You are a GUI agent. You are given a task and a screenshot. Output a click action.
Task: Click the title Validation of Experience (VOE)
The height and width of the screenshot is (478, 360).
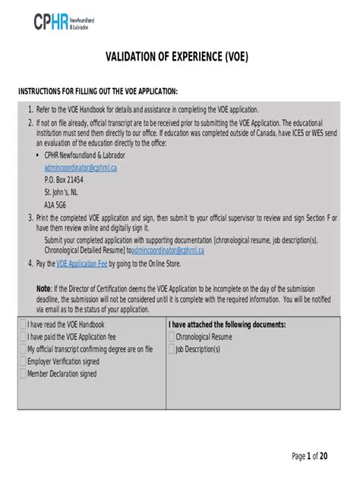click(x=179, y=58)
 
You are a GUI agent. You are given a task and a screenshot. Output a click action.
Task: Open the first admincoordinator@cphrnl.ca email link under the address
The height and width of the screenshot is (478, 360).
click(x=81, y=168)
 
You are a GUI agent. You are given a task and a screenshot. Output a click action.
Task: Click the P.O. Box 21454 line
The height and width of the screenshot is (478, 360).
click(x=64, y=181)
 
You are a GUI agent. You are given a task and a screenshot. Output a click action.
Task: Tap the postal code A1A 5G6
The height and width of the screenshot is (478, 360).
click(x=55, y=206)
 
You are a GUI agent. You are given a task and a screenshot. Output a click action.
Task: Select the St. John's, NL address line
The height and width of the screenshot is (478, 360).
click(x=61, y=193)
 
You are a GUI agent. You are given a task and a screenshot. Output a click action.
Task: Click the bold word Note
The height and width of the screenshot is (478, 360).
click(x=43, y=289)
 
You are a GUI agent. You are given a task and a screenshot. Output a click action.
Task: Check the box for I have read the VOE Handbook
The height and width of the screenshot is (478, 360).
click(x=22, y=325)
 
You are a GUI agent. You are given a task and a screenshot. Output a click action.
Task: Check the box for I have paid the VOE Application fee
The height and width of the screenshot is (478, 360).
click(x=22, y=337)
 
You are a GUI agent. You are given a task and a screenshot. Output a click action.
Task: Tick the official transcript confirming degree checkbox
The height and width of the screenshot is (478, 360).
click(x=22, y=349)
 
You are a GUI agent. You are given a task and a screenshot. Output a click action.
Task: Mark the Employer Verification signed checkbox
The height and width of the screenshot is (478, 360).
click(x=22, y=361)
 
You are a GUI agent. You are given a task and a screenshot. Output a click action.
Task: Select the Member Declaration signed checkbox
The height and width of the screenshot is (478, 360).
click(x=22, y=373)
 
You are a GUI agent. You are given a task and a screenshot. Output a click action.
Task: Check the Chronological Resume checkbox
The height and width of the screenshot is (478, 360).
click(x=171, y=337)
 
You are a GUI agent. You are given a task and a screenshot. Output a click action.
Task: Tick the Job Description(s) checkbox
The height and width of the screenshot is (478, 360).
click(x=171, y=349)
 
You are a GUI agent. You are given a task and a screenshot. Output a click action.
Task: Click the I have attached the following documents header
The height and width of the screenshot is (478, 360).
click(x=226, y=325)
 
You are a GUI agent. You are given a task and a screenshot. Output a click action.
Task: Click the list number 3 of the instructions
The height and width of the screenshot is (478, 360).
click(x=30, y=218)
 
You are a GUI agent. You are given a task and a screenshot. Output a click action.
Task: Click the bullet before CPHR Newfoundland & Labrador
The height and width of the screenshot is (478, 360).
click(x=37, y=156)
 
